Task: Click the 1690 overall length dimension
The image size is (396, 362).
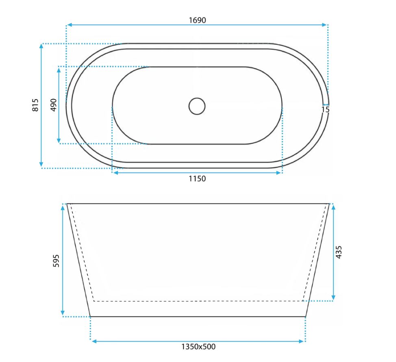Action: [198, 20]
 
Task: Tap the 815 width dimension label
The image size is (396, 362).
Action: [35, 105]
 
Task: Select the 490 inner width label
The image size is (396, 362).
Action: [54, 105]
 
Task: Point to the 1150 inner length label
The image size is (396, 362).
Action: [197, 179]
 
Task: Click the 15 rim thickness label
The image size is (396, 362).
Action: [326, 110]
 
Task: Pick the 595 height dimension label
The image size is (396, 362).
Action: [56, 260]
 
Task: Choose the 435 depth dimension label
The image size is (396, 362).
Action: [338, 252]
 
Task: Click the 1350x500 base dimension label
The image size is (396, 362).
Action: [198, 347]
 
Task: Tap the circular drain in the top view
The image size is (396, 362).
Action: [197, 106]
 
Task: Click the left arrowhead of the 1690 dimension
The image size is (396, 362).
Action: [70, 25]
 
